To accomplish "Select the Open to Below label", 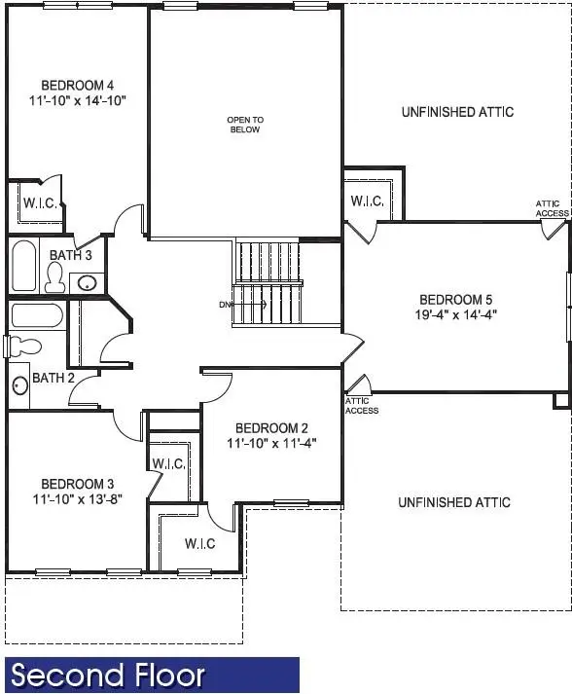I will (245, 125).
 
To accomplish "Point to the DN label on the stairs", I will (226, 305).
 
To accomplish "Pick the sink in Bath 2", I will (19, 385).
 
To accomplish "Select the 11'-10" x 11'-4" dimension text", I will (271, 443).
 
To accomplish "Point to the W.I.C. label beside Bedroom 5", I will (367, 201).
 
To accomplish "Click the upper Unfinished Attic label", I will (457, 112).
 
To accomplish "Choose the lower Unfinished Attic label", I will (454, 502).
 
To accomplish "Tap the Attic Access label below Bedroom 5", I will (362, 406).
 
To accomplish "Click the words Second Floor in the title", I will (109, 676).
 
